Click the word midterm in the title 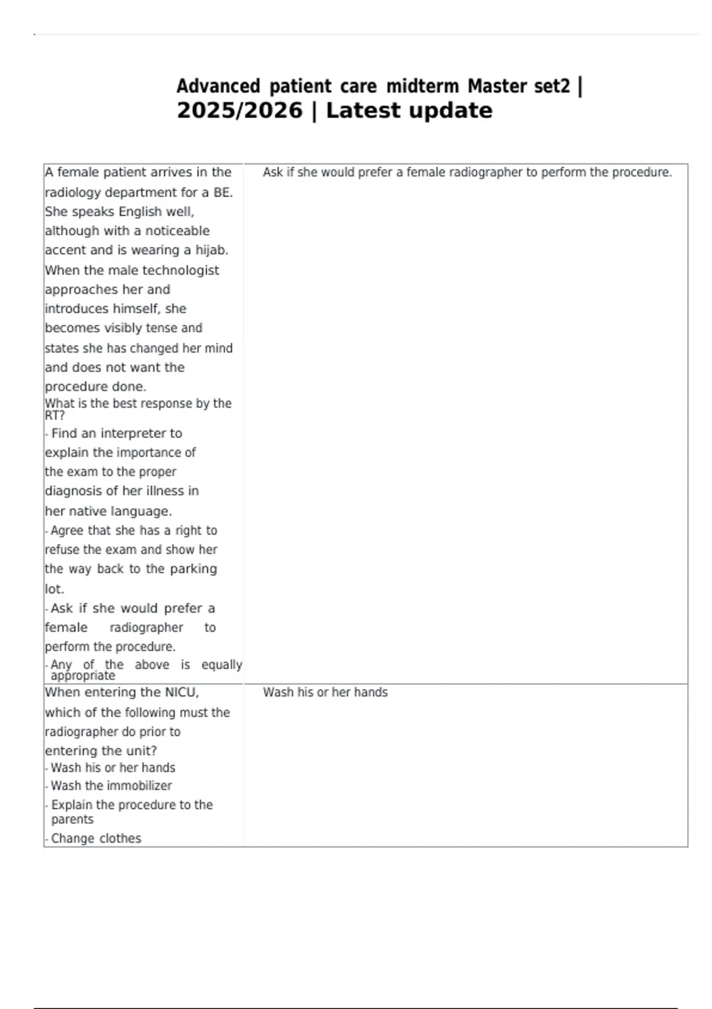[422, 87]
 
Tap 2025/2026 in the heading [240, 111]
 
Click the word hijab [211, 250]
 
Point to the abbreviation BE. [223, 193]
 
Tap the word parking [193, 569]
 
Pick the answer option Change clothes [96, 839]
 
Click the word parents [72, 820]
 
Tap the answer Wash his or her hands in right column [325, 693]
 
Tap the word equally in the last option [221, 665]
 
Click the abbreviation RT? [55, 415]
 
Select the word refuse [62, 550]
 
